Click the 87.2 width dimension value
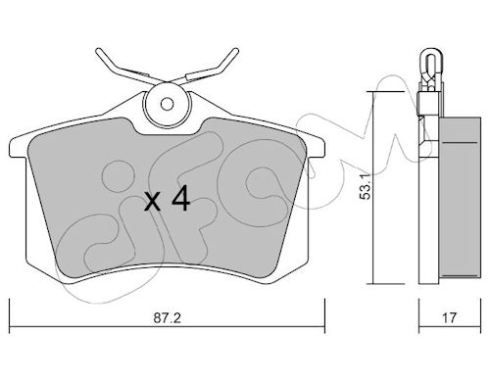click(167, 317)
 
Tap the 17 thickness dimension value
click(449, 317)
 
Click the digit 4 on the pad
click(181, 198)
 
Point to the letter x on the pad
click(153, 202)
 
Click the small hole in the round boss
click(168, 105)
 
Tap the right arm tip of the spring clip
click(235, 51)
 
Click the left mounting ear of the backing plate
click(18, 147)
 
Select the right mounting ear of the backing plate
click(316, 147)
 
